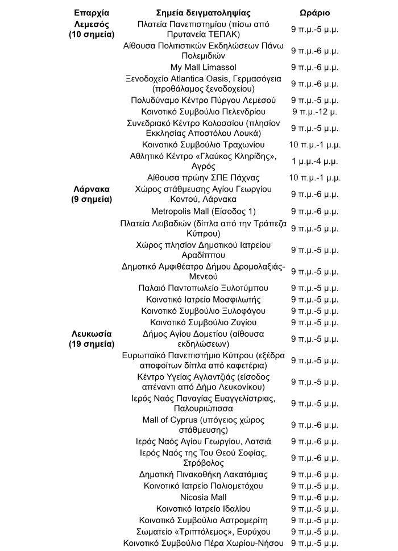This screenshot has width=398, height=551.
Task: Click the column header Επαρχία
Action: (x=92, y=13)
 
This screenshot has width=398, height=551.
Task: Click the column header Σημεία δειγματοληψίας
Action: (x=204, y=13)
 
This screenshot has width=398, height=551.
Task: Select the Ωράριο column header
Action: (x=314, y=13)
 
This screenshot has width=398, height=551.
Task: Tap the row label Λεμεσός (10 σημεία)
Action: (x=92, y=29)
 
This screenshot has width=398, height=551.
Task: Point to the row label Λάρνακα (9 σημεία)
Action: (x=92, y=194)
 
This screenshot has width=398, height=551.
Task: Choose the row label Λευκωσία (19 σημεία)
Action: (x=92, y=339)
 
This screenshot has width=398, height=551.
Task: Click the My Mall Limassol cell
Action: (x=204, y=67)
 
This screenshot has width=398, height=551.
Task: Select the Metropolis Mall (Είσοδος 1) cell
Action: (x=204, y=212)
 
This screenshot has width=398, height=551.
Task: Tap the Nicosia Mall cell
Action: (x=204, y=497)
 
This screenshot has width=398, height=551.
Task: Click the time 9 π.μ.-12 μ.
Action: (x=314, y=111)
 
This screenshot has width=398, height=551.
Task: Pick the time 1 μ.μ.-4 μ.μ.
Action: (x=314, y=161)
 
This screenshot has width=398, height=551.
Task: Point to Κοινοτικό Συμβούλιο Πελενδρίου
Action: (x=204, y=111)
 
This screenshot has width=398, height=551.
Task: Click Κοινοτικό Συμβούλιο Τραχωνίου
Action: (x=204, y=144)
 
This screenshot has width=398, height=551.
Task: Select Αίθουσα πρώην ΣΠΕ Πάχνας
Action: (x=204, y=177)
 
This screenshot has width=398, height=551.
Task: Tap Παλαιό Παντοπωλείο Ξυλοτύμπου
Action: (x=204, y=288)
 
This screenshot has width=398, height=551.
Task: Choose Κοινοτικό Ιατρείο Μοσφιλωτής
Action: (x=204, y=300)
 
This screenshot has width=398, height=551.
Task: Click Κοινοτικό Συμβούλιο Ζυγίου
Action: (x=204, y=322)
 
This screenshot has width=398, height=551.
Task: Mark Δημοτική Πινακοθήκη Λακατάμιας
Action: (x=204, y=474)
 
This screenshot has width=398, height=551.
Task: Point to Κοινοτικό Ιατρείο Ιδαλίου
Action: (x=204, y=508)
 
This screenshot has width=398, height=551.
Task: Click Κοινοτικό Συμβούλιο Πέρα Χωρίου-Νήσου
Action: (x=204, y=542)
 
